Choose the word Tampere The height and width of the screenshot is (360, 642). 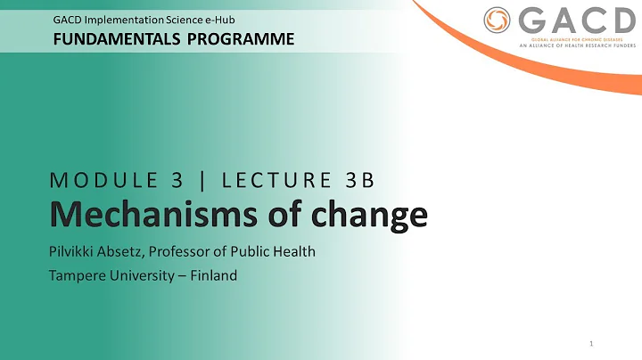pyautogui.click(x=77, y=275)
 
